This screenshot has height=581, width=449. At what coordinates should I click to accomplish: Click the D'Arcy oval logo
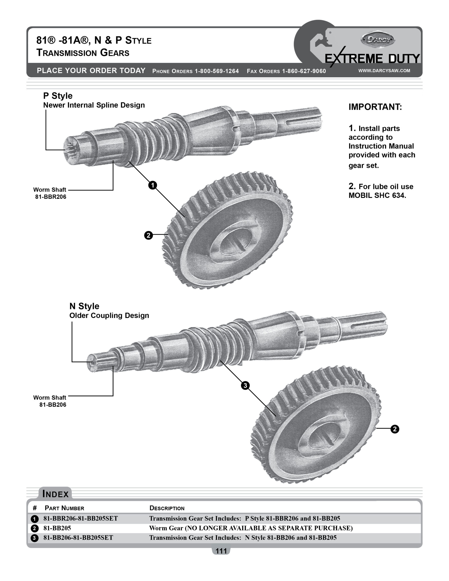377,40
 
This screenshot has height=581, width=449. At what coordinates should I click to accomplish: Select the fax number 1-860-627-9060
304,71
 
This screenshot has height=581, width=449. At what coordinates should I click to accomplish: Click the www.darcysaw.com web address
384,71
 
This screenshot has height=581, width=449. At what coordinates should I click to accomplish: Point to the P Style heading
58,96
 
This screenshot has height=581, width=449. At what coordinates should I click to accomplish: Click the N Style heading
84,306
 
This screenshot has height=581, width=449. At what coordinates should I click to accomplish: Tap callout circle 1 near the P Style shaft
153,185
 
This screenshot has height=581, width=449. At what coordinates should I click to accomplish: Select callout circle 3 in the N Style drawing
245,385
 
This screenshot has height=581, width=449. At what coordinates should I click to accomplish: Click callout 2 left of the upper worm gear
148,235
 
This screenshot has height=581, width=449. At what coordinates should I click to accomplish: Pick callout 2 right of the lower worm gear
395,429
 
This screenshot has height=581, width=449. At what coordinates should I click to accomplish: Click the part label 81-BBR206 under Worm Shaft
51,197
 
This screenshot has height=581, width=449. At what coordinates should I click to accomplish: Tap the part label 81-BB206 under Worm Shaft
53,405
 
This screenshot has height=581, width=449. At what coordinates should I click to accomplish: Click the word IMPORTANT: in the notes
375,107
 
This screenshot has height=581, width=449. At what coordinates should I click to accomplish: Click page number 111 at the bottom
221,551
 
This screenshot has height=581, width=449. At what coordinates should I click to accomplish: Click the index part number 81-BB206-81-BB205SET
78,538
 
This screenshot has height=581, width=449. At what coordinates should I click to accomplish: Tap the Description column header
167,508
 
